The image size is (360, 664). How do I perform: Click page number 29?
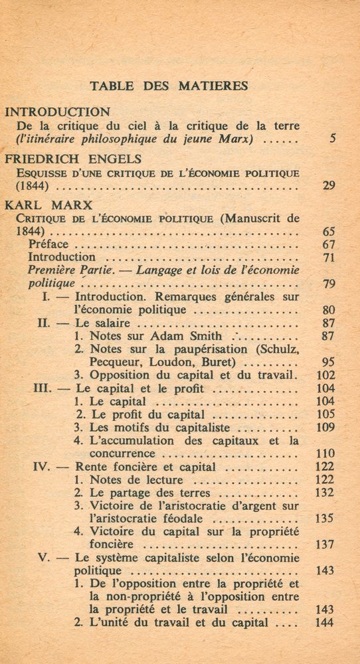(x=328, y=186)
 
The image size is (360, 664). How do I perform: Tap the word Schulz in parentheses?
(x=279, y=350)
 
